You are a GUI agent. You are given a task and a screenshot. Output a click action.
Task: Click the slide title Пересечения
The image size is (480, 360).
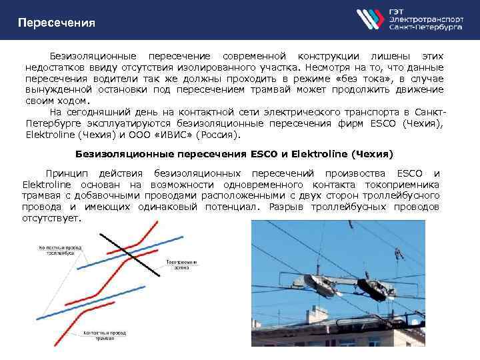57,23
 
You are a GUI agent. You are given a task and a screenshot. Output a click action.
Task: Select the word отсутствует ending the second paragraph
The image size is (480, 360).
51,218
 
